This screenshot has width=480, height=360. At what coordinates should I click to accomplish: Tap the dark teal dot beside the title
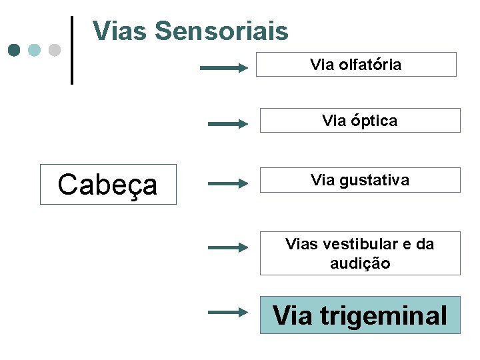14,50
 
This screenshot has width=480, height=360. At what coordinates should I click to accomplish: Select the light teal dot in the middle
34,50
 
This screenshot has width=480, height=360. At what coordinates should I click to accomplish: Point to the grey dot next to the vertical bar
54,50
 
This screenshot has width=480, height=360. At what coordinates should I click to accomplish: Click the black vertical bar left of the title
72,50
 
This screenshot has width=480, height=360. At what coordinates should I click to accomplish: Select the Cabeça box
108,184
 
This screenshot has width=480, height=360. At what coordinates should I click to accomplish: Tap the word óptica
374,121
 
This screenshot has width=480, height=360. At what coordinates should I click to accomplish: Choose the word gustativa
374,180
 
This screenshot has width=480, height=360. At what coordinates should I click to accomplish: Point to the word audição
360,263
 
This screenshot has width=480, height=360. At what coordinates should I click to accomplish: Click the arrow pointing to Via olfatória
224,67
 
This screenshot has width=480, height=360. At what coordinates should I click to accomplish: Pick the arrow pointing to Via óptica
228,123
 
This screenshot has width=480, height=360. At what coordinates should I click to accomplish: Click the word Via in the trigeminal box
292,315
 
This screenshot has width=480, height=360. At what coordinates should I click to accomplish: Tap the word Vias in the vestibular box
302,244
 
